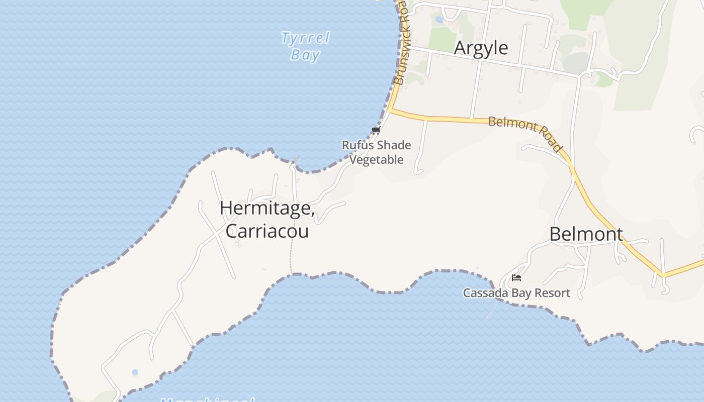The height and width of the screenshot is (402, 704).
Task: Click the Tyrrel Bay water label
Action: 305,46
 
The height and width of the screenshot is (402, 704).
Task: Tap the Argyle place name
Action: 481,48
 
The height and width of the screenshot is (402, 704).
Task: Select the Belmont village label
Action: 586,234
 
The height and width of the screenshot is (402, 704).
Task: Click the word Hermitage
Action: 267,208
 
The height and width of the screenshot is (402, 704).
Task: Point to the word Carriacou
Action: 267,231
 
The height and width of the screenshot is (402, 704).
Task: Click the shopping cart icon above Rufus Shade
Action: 375,131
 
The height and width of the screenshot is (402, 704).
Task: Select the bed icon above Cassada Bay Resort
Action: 516,278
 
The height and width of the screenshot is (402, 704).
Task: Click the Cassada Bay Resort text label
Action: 516,293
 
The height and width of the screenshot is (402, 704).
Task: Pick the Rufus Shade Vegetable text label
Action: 377,152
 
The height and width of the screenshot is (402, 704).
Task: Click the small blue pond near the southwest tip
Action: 135,372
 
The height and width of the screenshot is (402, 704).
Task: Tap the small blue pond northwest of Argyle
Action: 439,20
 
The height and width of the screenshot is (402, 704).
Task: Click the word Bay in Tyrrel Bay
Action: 305,54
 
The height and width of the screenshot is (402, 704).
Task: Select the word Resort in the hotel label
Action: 553,293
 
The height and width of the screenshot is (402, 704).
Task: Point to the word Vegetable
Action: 377,160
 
